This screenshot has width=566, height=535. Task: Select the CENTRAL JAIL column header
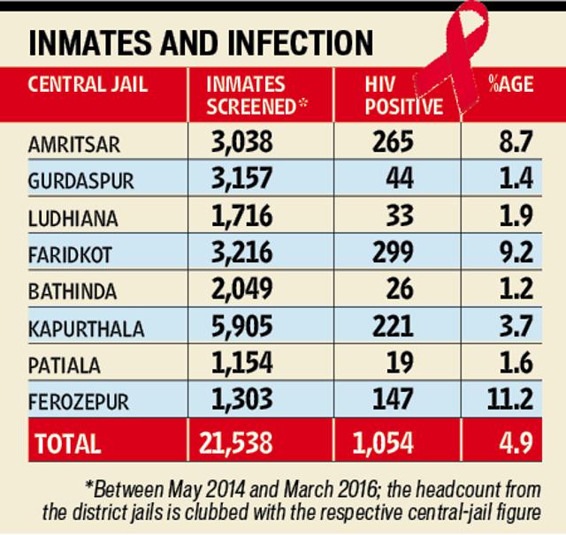point(88,84)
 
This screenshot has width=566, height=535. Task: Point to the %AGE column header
point(511,84)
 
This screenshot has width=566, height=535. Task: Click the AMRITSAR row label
point(74,145)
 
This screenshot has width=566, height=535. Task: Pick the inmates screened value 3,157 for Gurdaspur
point(241,178)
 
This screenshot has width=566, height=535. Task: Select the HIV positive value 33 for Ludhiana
point(400,215)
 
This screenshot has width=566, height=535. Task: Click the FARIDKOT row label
point(70,255)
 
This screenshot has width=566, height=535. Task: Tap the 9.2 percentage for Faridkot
point(516,252)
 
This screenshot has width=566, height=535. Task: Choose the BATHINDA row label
point(73,291)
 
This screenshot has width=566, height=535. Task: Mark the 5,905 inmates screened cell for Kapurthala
point(241,326)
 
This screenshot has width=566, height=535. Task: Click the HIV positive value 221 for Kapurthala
point(393,326)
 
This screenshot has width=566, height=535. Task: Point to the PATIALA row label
point(65,365)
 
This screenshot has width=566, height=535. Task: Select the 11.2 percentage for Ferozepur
point(509,399)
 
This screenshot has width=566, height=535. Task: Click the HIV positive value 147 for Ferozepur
point(393,399)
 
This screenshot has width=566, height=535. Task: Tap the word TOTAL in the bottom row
point(68,443)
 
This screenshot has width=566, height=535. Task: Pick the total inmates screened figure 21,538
point(236,443)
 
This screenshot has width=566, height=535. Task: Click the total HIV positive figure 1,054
point(383,443)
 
